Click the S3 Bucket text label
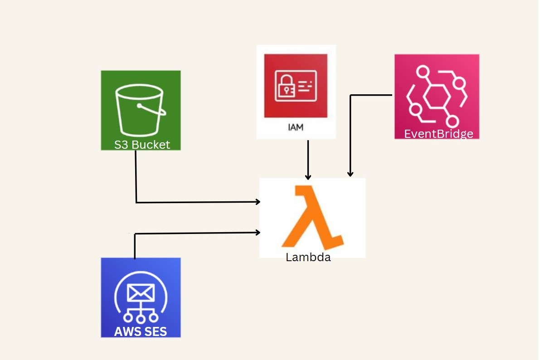pyautogui.click(x=142, y=145)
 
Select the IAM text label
pyautogui.click(x=296, y=127)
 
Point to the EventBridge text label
pyautogui.click(x=438, y=134)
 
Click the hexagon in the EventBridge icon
pyautogui.click(x=437, y=97)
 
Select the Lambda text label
pyautogui.click(x=308, y=258)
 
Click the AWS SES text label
pyautogui.click(x=141, y=331)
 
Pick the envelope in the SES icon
pyautogui.click(x=141, y=293)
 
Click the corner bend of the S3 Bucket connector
pyautogui.click(x=136, y=202)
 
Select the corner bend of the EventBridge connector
pyautogui.click(x=350, y=95)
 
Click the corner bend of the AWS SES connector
pyautogui.click(x=135, y=234)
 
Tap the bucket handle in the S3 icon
pyautogui.click(x=150, y=109)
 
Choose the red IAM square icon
pyautogui.click(x=296, y=86)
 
